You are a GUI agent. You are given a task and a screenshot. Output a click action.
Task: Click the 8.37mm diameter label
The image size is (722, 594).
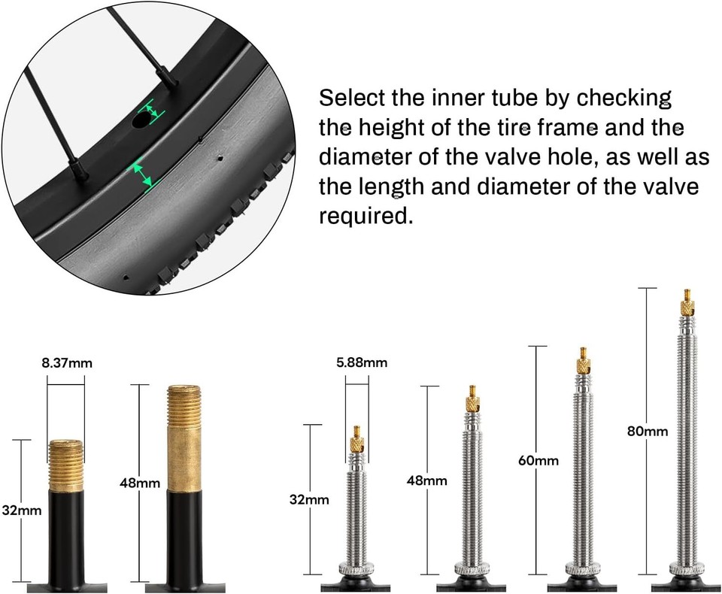pyautogui.click(x=67, y=363)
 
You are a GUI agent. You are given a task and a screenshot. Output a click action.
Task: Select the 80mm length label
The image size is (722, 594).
pyautogui.click(x=648, y=432)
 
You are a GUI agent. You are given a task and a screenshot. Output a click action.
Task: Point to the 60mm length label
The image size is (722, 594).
pyautogui.click(x=538, y=460)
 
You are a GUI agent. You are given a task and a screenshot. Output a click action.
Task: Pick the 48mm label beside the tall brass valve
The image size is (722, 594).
pyautogui.click(x=140, y=483)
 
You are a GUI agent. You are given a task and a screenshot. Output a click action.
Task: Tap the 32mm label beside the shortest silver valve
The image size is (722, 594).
pyautogui.click(x=309, y=499)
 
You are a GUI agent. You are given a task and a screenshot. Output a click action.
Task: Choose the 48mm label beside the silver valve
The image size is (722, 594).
pyautogui.click(x=426, y=480)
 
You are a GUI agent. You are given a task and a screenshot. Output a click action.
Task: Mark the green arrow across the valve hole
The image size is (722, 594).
pyautogui.click(x=153, y=111)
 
